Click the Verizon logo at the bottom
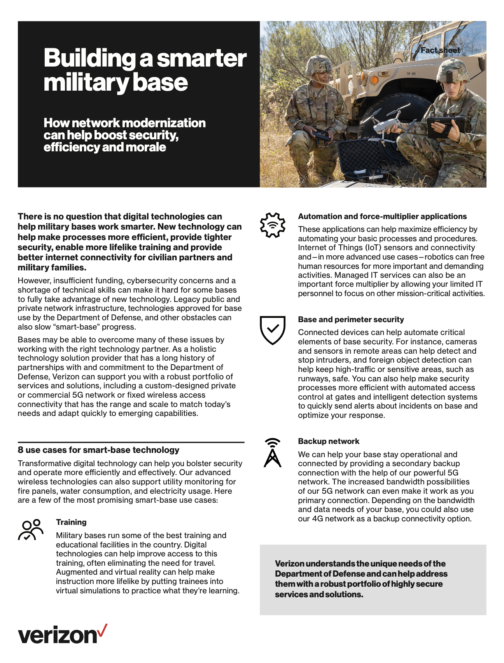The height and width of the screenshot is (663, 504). (x=62, y=635)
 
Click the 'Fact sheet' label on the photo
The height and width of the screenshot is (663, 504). (x=440, y=50)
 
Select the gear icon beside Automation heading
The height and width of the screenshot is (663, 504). (x=273, y=225)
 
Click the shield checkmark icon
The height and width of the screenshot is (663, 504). (x=273, y=330)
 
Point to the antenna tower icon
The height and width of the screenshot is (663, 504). (x=273, y=453)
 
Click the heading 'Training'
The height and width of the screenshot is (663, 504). (x=71, y=522)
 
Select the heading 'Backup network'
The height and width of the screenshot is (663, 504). (x=329, y=441)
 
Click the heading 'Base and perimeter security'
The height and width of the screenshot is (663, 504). (x=351, y=319)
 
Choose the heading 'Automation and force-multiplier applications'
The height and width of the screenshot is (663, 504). (x=382, y=216)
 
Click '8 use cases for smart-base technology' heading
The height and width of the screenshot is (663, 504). (x=98, y=450)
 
